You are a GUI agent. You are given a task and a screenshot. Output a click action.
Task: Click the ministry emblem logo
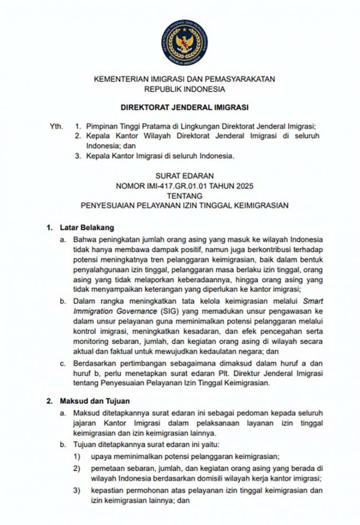pyautogui.click(x=184, y=42)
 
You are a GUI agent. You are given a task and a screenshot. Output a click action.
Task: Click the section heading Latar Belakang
pyautogui.click(x=85, y=228)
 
